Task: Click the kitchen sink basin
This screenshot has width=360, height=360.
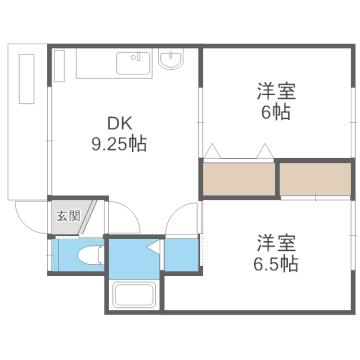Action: point(130,64)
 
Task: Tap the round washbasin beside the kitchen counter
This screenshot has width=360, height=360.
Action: point(170,60)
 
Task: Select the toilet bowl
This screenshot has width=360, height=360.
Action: point(88,254)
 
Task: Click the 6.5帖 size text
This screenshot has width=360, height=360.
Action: point(276,264)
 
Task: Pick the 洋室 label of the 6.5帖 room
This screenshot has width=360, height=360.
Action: point(277,242)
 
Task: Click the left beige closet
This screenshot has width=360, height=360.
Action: point(239,177)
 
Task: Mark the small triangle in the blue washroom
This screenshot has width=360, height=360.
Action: point(153,245)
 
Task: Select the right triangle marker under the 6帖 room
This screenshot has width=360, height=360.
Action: point(264,150)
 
